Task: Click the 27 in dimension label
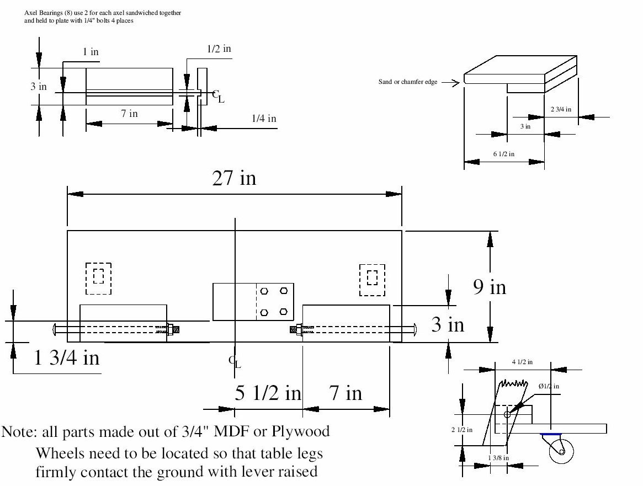(235, 178)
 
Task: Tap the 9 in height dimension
(490, 287)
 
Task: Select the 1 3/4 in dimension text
(67, 358)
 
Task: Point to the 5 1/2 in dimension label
(268, 393)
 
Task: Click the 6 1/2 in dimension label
(503, 154)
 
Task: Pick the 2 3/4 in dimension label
(561, 109)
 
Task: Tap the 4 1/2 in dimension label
(522, 362)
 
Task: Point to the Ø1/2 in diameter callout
(549, 386)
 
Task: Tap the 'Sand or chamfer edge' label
(408, 82)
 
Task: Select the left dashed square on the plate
(98, 279)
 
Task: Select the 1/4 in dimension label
(264, 118)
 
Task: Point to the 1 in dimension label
(91, 52)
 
